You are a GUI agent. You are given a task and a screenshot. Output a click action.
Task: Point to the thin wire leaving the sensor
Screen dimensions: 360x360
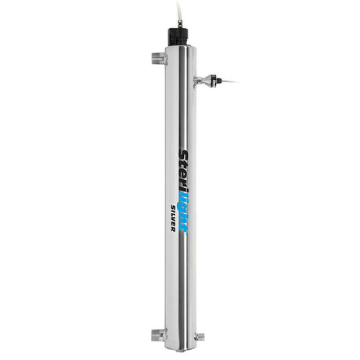tap(230, 79)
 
